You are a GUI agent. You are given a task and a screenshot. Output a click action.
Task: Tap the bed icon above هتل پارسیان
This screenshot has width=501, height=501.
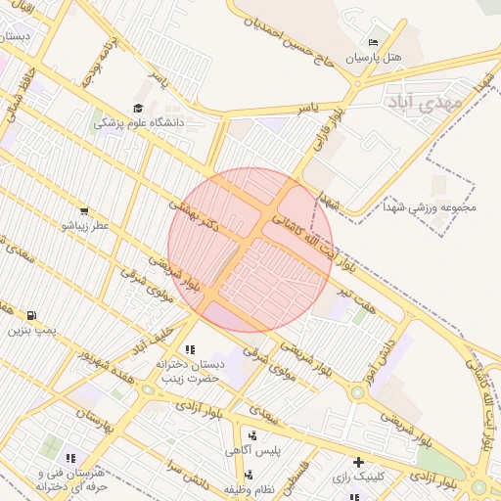pyautogui.click(x=373, y=43)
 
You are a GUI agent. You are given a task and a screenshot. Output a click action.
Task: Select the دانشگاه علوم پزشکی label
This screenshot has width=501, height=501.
pyautogui.click(x=139, y=123)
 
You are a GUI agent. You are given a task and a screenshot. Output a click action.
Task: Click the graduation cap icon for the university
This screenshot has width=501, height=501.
pyautogui.click(x=138, y=108)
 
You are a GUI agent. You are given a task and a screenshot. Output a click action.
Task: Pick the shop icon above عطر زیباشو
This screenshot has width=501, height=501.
pyautogui.click(x=84, y=210)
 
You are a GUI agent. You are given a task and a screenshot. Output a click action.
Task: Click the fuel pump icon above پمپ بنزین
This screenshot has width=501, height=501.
pyautogui.click(x=32, y=315)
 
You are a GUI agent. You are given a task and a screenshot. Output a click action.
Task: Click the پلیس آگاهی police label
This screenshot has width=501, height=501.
pyautogui.click(x=253, y=451)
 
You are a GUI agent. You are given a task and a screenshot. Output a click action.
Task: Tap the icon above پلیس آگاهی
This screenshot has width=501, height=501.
pyautogui.click(x=253, y=435)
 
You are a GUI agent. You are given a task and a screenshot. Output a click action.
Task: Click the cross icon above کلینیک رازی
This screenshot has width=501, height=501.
pyautogui.click(x=358, y=461)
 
